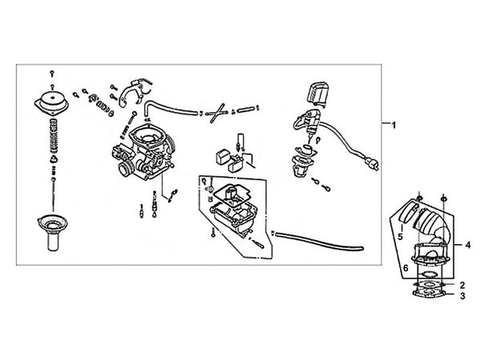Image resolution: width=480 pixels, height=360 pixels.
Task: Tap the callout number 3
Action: (462, 297)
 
